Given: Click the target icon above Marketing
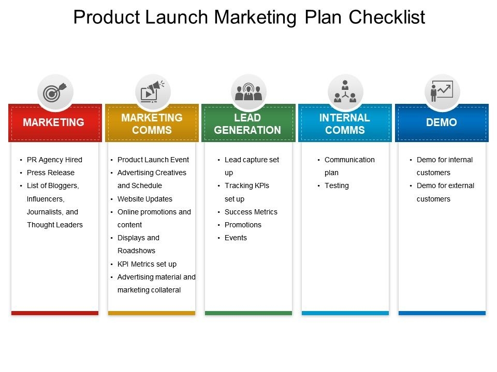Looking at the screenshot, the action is point(54,92).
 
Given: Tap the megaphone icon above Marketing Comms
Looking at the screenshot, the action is point(152,92).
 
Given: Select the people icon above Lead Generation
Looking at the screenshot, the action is point(248,92).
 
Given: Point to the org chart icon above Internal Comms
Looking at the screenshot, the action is point(345,91).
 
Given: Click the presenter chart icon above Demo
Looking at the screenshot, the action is point(442,91).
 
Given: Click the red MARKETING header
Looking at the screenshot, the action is point(55,123).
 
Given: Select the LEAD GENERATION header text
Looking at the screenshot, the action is point(247,123).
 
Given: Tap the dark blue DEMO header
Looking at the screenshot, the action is point(442,123).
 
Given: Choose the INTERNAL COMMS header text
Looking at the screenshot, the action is point(345,123).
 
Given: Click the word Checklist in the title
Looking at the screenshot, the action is point(387,17).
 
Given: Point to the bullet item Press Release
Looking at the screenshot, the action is point(51,173).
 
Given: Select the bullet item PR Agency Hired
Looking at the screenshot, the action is point(54,160).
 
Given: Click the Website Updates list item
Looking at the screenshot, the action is point(145,199).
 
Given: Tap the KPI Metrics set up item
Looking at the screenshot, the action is point(147,264).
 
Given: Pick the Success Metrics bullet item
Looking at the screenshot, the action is point(251,212).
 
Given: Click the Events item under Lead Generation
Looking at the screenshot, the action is point(236,238).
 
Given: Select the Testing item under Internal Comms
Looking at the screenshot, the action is point(337,185).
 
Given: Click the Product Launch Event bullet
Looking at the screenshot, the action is point(153,160).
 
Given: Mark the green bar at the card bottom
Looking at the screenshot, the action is point(248,313).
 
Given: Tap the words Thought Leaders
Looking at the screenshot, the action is point(55,225).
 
